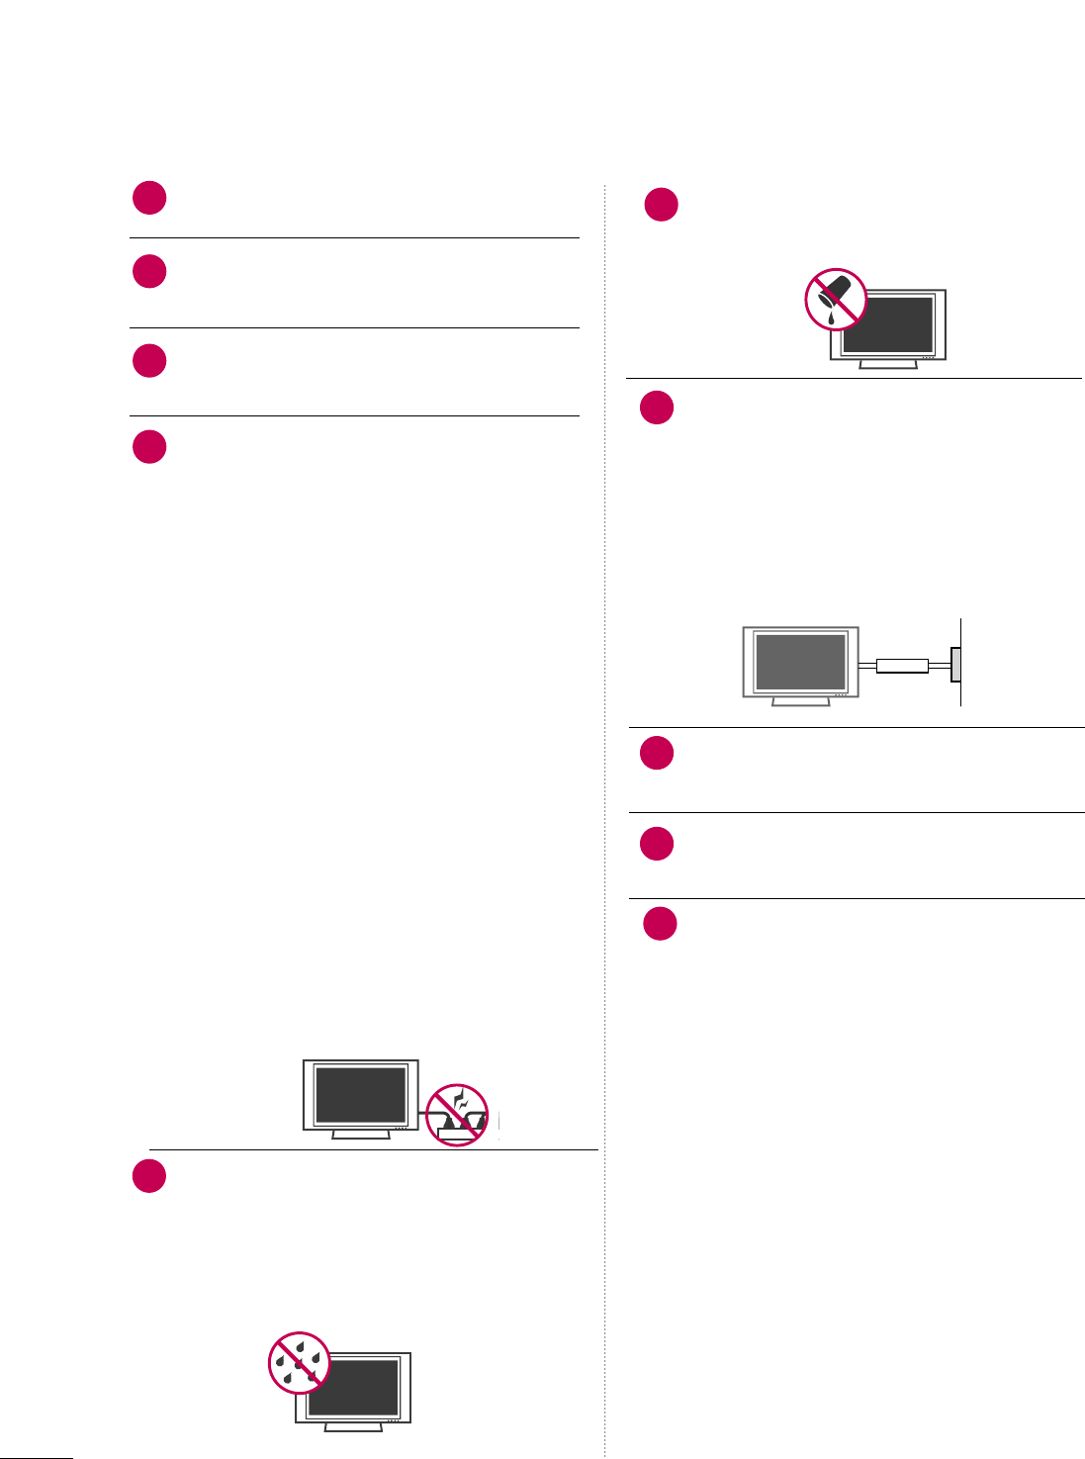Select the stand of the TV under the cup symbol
[x=888, y=363]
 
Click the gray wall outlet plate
[x=955, y=665]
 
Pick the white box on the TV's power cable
[x=902, y=666]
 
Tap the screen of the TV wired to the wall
[x=800, y=662]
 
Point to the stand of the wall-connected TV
[x=800, y=700]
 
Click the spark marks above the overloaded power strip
[x=458, y=1099]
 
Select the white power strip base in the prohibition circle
[x=459, y=1136]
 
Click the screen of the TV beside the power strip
[x=360, y=1095]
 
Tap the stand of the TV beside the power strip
[x=360, y=1135]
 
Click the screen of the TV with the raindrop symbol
[x=358, y=1387]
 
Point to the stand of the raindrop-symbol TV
[x=353, y=1426]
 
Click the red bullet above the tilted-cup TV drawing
[x=661, y=205]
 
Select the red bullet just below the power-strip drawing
[x=149, y=1176]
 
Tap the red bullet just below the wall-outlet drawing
[x=657, y=753]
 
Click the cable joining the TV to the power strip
[x=423, y=1113]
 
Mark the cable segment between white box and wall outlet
[x=940, y=666]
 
